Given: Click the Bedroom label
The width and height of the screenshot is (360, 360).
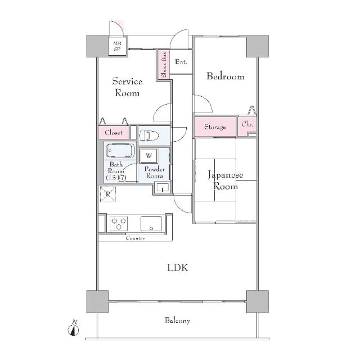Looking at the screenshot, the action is (x=226, y=76).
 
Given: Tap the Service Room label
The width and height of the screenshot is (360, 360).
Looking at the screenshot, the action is (x=127, y=87).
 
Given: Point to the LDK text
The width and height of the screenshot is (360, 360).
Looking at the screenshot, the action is (x=178, y=268).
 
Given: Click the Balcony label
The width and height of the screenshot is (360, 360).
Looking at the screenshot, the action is (x=177, y=321).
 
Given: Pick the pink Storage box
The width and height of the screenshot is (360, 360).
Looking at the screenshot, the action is (x=215, y=127).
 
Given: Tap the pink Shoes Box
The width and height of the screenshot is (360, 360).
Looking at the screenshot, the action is (x=164, y=65).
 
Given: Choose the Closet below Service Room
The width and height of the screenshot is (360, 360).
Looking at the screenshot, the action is (x=114, y=133).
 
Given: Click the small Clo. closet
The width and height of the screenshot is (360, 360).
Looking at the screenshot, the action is (x=247, y=126).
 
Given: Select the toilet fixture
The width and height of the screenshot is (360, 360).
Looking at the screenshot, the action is (x=148, y=136).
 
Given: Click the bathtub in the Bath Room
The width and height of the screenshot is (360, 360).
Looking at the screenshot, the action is (x=120, y=151).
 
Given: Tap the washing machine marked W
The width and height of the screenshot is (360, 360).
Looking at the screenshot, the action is (x=148, y=156).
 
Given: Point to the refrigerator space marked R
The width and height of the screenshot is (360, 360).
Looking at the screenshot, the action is (x=108, y=194).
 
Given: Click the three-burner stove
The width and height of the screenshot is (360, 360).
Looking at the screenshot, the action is (x=119, y=223).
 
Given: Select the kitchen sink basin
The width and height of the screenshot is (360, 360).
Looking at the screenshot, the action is (x=151, y=223).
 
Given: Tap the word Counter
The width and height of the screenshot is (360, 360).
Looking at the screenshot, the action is (x=135, y=238).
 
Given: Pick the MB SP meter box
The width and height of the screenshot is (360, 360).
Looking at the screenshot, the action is (x=118, y=46).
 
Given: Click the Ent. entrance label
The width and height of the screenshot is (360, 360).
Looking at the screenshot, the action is (x=181, y=62).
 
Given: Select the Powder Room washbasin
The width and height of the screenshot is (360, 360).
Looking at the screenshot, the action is (x=163, y=187).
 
